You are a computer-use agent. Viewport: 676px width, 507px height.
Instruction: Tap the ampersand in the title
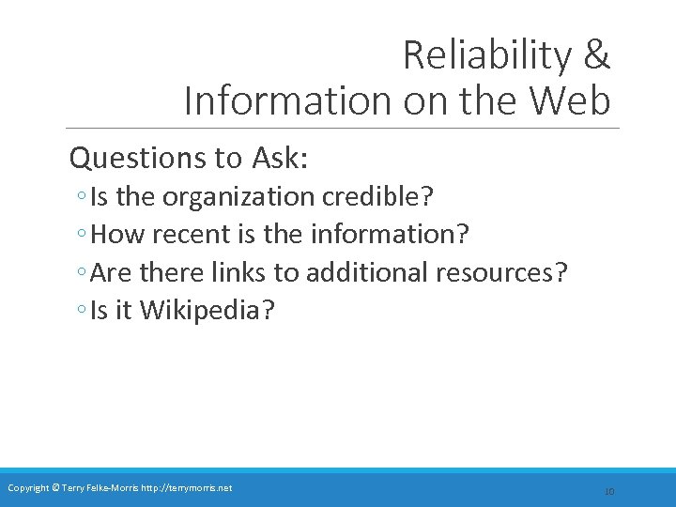(x=596, y=56)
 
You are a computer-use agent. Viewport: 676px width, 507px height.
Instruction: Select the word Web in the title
(x=574, y=100)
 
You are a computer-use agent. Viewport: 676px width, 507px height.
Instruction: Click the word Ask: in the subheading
(x=277, y=158)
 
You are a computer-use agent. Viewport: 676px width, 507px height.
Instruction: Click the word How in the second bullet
(x=114, y=235)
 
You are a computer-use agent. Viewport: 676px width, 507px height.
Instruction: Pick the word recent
(x=177, y=235)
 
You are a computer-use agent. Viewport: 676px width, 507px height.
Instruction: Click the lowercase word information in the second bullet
(x=386, y=235)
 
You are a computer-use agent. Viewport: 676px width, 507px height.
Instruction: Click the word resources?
(x=502, y=272)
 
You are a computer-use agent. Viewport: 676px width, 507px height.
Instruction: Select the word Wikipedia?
(x=207, y=310)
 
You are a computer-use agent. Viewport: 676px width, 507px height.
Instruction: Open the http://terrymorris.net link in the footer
(x=185, y=488)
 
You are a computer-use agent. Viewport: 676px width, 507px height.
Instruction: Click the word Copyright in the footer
(x=27, y=488)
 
